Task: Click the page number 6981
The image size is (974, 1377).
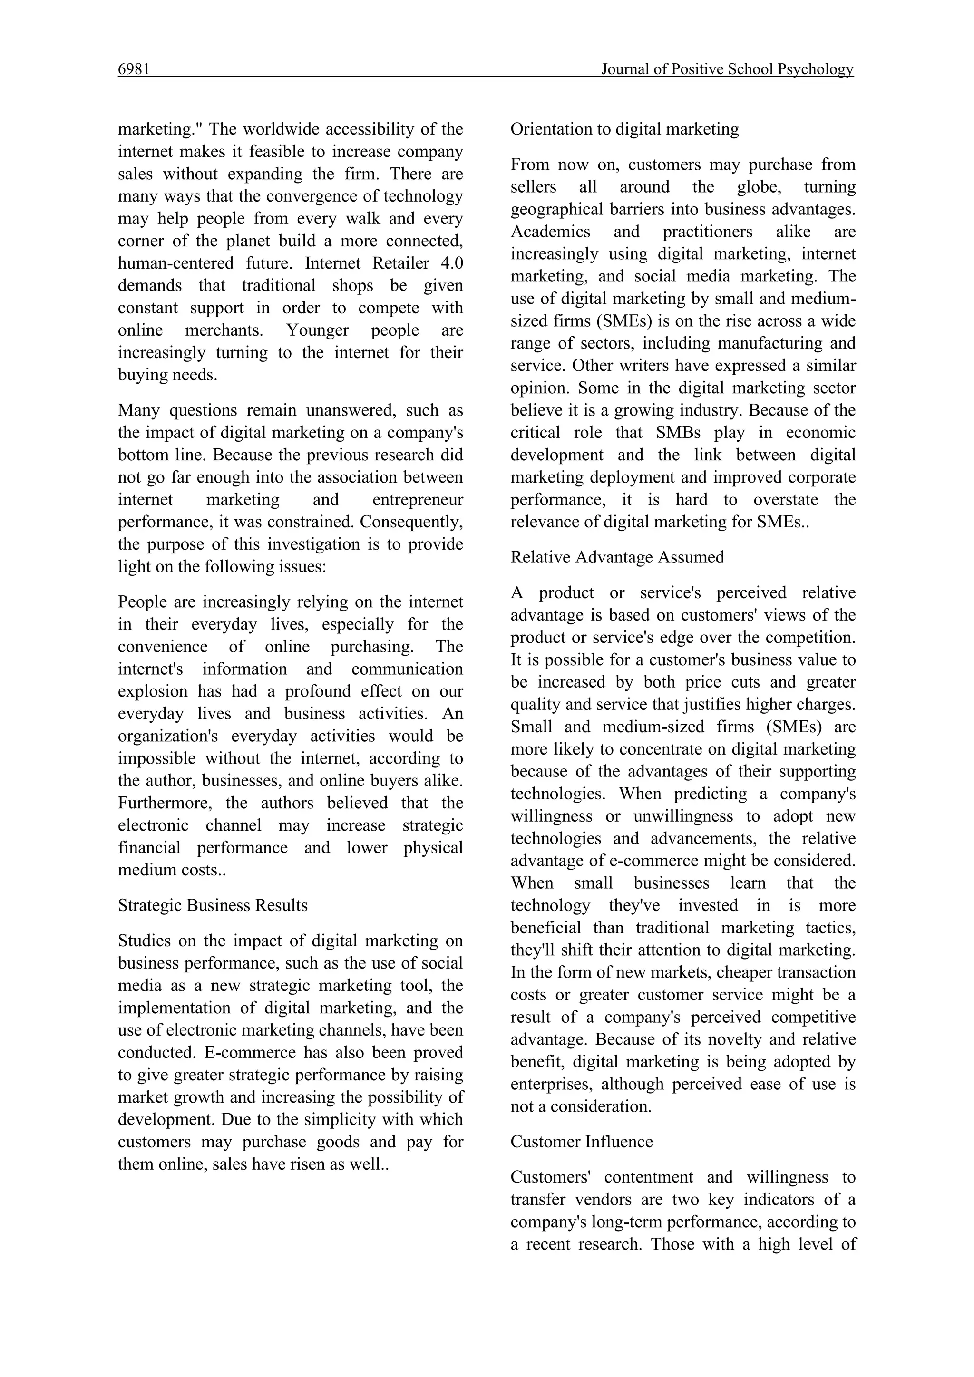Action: pyautogui.click(x=133, y=69)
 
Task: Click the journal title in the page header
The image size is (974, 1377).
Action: pyautogui.click(x=727, y=69)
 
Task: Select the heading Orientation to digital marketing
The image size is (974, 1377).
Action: pyautogui.click(x=624, y=129)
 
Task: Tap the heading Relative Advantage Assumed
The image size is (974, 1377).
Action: pyautogui.click(x=617, y=557)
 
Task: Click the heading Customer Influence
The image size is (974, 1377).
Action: pyautogui.click(x=581, y=1141)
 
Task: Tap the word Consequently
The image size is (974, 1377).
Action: pyautogui.click(x=411, y=522)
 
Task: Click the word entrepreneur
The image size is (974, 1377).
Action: pyautogui.click(x=418, y=500)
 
